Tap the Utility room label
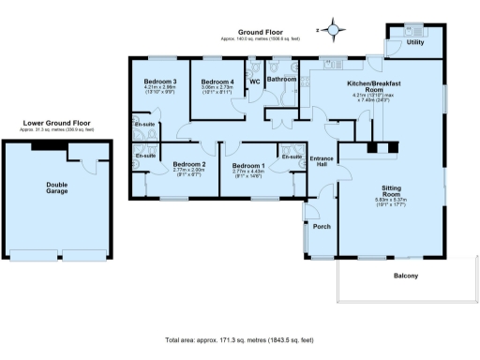pyautogui.click(x=415, y=43)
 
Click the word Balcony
pyautogui.click(x=405, y=275)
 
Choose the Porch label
pyautogui.click(x=322, y=227)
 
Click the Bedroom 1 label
pyautogui.click(x=248, y=166)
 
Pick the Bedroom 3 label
pyautogui.click(x=160, y=82)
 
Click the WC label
pyautogui.click(x=254, y=82)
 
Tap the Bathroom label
pyautogui.click(x=281, y=81)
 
